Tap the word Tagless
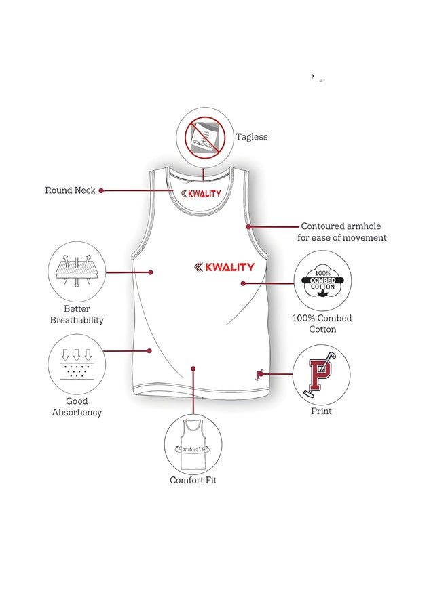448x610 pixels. (x=252, y=137)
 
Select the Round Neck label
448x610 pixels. (x=70, y=190)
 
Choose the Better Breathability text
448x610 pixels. (x=77, y=314)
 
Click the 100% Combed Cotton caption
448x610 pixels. (x=322, y=323)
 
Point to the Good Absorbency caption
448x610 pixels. (x=77, y=407)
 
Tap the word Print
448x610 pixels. (x=321, y=411)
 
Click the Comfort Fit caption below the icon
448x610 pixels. (x=193, y=481)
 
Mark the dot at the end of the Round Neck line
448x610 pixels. (x=101, y=190)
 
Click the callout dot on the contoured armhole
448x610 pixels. (x=249, y=226)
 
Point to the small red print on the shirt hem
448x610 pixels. (x=260, y=373)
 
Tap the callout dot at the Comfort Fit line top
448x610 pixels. (x=193, y=368)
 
